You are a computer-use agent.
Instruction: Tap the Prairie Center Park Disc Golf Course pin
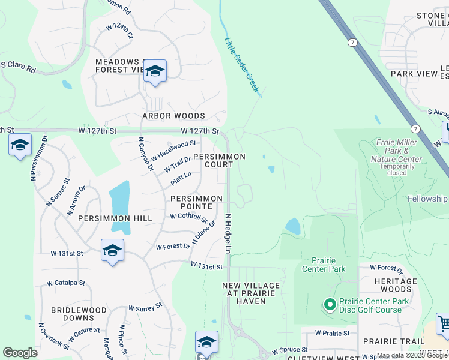pyautogui.click(x=329, y=305)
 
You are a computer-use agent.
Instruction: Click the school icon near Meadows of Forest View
pyautogui.click(x=155, y=72)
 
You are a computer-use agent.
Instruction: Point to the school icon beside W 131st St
pyautogui.click(x=112, y=251)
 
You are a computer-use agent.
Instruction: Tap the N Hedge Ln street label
pyautogui.click(x=228, y=232)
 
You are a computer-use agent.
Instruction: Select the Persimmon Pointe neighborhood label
pyautogui.click(x=196, y=202)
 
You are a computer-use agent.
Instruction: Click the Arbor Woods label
pyautogui.click(x=173, y=116)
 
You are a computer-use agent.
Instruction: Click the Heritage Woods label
pyautogui.click(x=395, y=285)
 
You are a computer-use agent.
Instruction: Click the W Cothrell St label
pyautogui.click(x=188, y=217)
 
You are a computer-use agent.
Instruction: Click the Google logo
pyautogui.click(x=20, y=353)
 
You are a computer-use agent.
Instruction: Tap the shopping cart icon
pyautogui.click(x=443, y=324)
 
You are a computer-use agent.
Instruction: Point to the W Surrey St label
pyautogui.click(x=145, y=307)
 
